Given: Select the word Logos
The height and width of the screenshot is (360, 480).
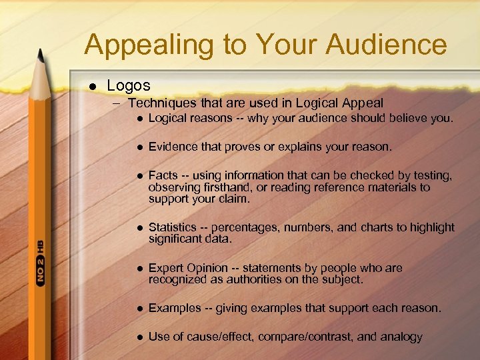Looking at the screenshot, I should pyautogui.click(x=129, y=85).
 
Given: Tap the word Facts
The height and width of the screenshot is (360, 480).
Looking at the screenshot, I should pyautogui.click(x=163, y=175).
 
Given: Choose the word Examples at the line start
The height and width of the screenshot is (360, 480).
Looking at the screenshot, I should pyautogui.click(x=174, y=308).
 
